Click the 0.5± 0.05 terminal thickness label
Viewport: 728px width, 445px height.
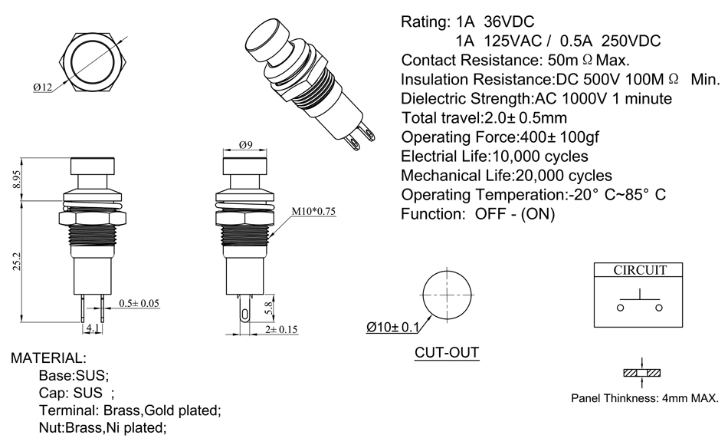[x=139, y=303]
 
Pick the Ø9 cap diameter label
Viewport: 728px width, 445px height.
[x=246, y=144]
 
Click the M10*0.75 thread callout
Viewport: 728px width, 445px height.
[x=313, y=212]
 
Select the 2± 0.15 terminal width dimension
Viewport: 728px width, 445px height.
[x=282, y=329]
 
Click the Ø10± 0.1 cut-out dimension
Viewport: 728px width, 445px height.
[x=393, y=328]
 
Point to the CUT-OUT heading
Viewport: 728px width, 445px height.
[x=447, y=353]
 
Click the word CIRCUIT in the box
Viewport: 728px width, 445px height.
[x=639, y=270]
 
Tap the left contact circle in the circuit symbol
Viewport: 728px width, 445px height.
[x=620, y=307]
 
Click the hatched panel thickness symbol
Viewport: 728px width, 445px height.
[x=640, y=374]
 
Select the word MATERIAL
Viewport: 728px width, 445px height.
[x=48, y=358]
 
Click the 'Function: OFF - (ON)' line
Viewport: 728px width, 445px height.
[x=477, y=214]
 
